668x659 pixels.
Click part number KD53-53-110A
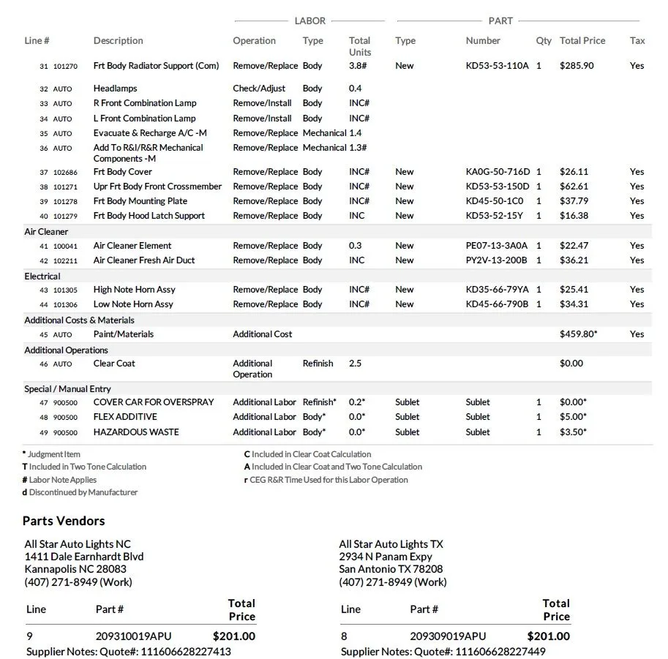tap(497, 66)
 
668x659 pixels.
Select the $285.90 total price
tap(577, 66)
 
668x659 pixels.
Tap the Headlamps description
tap(115, 89)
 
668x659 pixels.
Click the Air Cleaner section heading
tap(47, 231)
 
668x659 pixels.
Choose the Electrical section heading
tap(42, 276)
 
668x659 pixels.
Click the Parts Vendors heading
tap(64, 521)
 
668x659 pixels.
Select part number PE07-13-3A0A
tap(496, 246)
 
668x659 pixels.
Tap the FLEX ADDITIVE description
tap(125, 417)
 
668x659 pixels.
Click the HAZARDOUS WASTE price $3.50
tap(573, 432)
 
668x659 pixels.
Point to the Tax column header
tap(637, 41)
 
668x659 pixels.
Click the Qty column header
tap(544, 41)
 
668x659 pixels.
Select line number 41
tap(44, 246)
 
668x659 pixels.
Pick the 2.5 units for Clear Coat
tap(355, 364)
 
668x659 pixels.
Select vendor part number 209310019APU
tap(133, 636)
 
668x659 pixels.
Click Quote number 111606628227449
tap(499, 652)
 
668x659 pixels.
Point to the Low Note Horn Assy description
tap(133, 304)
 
